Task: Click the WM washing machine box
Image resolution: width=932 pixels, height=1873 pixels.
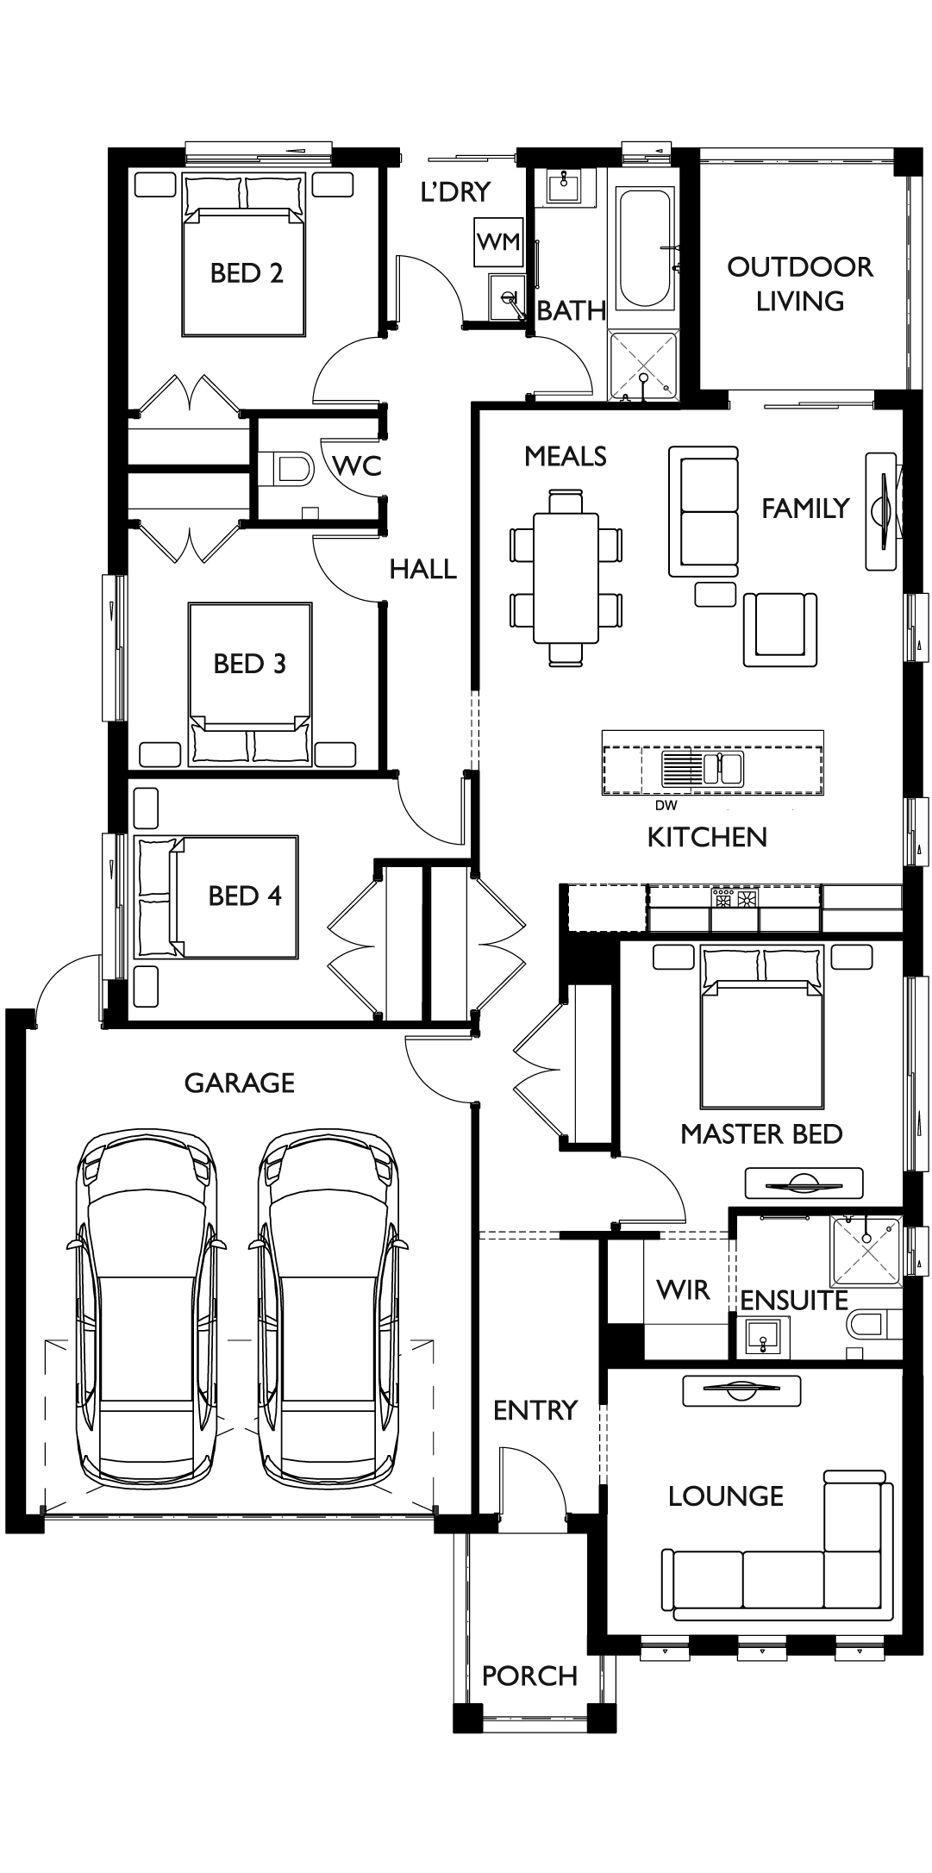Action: [x=499, y=242]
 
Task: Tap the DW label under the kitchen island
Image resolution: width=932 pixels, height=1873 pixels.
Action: [x=666, y=806]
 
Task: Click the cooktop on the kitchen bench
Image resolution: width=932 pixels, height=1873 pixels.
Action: [x=734, y=899]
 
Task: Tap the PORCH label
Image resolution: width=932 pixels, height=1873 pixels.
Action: [x=529, y=1676]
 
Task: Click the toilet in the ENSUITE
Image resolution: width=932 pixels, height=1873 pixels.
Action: [x=874, y=1323]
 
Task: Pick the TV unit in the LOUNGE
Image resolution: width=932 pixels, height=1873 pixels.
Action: [x=741, y=1390]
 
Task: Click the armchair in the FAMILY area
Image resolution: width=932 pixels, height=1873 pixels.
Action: [x=780, y=628]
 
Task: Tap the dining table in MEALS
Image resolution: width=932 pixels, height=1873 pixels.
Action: [x=566, y=578]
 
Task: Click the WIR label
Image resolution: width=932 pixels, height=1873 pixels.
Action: [x=682, y=1290]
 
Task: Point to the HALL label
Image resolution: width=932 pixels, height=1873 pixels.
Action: [x=422, y=569]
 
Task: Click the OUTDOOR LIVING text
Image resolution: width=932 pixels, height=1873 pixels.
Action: [x=799, y=284]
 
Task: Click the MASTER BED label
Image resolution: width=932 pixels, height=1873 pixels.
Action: [x=760, y=1134]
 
